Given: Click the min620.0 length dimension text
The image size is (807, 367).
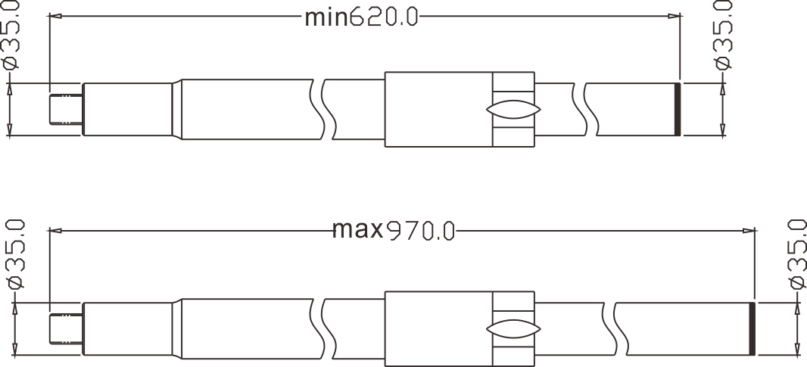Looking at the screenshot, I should (x=361, y=17).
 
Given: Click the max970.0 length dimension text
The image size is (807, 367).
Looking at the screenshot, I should (x=393, y=229).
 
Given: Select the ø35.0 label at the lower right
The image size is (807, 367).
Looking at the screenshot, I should (x=796, y=256).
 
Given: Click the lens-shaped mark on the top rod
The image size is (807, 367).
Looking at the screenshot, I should (x=513, y=110).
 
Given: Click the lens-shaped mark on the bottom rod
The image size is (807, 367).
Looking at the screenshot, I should (x=513, y=329).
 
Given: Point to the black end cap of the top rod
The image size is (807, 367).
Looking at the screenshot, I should (x=678, y=109).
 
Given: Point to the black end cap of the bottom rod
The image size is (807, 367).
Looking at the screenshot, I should (x=752, y=328).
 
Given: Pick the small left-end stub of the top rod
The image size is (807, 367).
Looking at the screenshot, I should (x=65, y=110).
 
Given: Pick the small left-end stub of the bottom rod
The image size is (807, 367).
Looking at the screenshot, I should (x=65, y=328).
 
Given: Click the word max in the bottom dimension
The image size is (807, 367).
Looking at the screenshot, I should (x=357, y=229).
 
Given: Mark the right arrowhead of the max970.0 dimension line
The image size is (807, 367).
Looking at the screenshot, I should (x=749, y=229).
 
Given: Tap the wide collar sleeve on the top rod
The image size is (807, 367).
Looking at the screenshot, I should (x=439, y=110).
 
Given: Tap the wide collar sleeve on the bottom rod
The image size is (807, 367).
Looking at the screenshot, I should (x=439, y=328).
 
